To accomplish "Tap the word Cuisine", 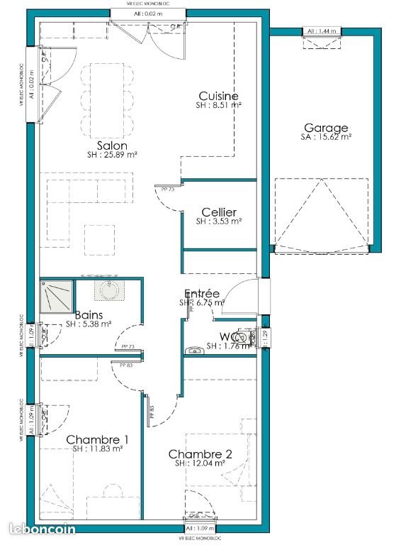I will (218, 96).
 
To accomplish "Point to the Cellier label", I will (219, 212).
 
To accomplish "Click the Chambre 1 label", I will (98, 440).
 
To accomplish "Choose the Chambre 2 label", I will (200, 454).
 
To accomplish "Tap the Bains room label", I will (89, 315).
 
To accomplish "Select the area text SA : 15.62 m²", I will (326, 138).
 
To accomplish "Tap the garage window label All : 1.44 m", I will (322, 31).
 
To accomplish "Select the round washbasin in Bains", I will (109, 290).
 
